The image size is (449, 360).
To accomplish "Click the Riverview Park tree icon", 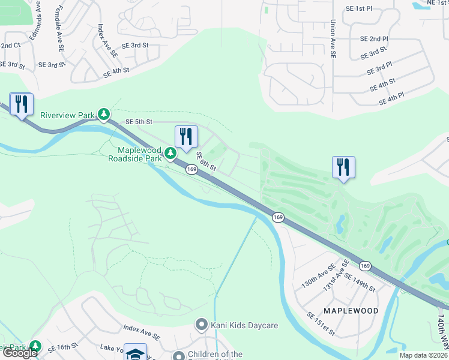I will click(104, 114).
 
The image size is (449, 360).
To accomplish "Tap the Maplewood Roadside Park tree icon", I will click(171, 154).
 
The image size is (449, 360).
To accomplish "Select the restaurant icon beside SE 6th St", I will click(186, 137).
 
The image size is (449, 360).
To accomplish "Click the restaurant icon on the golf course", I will click(343, 167).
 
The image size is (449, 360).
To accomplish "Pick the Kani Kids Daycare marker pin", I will click(202, 325).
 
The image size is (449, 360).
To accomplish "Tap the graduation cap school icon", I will click(136, 353).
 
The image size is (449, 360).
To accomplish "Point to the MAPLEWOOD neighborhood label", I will click(351, 311).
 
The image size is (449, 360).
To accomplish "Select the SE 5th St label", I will click(140, 121).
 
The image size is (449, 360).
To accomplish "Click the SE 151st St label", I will click(322, 323).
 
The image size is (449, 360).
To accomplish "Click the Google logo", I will click(20, 353).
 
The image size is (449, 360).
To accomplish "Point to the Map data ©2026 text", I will click(423, 355).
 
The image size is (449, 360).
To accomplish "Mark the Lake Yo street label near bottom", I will click(112, 348).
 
